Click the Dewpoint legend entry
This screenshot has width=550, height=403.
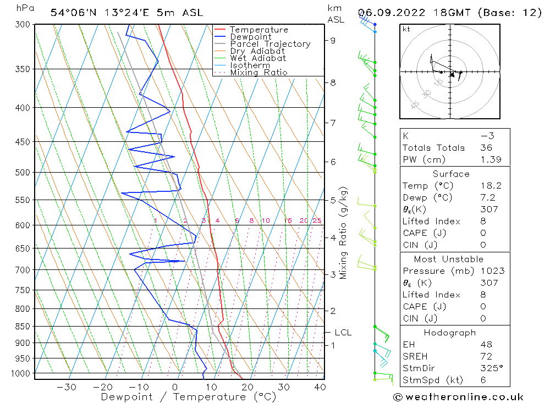pyautogui.click(x=250, y=37)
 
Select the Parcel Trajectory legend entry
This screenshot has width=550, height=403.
pyautogui.click(x=270, y=44)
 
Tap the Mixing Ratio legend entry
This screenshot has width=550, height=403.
pyautogui.click(x=258, y=72)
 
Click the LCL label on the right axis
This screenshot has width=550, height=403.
pyautogui.click(x=343, y=333)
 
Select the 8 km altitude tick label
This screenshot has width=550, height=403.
pyautogui.click(x=333, y=82)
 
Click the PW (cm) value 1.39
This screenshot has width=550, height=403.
pyautogui.click(x=486, y=159)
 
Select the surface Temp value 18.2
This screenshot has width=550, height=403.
pyautogui.click(x=486, y=186)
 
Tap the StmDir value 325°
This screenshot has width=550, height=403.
pyautogui.click(x=486, y=368)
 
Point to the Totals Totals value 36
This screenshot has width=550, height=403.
pyautogui.click(x=486, y=147)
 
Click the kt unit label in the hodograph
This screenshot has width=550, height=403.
pyautogui.click(x=406, y=29)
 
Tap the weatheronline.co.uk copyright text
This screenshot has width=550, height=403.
pyautogui.click(x=458, y=397)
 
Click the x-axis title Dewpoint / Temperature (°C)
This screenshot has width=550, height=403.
pyautogui.click(x=188, y=397)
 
